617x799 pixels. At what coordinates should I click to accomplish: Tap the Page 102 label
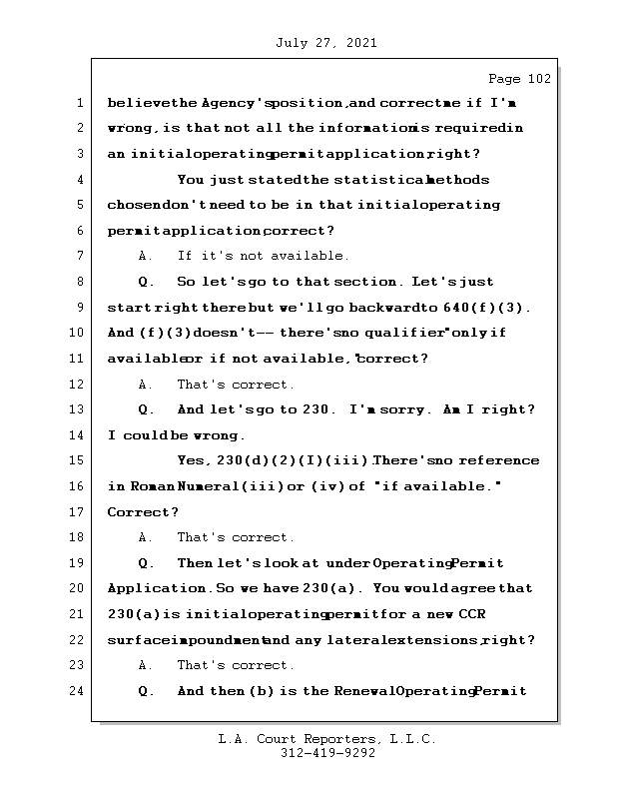(x=518, y=79)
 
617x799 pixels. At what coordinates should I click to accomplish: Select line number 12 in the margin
(x=77, y=385)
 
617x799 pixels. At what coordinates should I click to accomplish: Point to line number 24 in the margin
(x=77, y=691)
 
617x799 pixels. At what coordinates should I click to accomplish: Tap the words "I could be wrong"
(x=176, y=435)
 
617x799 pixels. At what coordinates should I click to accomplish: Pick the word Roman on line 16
(x=152, y=486)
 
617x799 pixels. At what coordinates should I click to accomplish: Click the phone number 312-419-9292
(x=327, y=754)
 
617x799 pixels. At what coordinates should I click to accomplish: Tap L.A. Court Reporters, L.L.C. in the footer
(x=327, y=739)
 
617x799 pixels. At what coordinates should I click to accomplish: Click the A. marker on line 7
(x=146, y=256)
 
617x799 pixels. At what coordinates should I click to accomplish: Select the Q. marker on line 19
(x=146, y=563)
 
